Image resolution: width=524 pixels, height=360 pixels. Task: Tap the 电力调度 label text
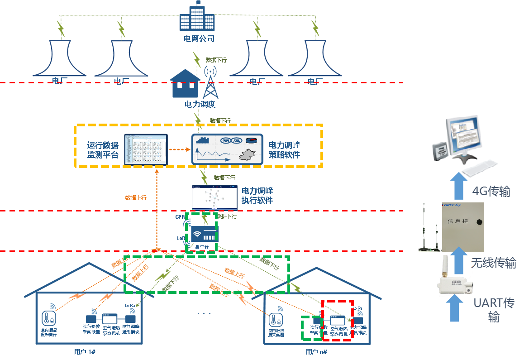click(200, 104)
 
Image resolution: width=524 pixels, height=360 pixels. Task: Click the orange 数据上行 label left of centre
click(136, 197)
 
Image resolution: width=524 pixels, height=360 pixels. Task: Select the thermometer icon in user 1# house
click(48, 318)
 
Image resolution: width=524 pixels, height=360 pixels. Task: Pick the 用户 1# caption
click(84, 351)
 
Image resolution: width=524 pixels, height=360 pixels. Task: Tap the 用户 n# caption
click(316, 352)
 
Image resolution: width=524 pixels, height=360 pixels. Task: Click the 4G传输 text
click(491, 192)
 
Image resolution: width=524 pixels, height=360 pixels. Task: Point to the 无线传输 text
click(493, 263)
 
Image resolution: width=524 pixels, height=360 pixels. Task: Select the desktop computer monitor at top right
click(462, 134)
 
